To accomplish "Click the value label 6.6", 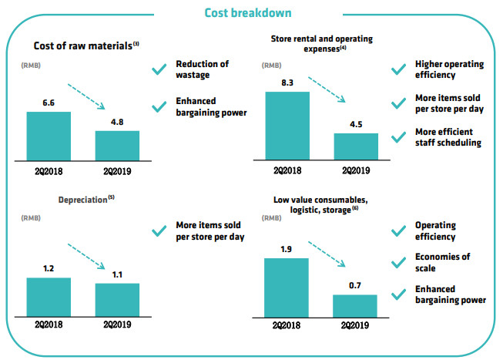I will pyautogui.click(x=49, y=102).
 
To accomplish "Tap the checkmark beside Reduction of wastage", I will pyautogui.click(x=159, y=69).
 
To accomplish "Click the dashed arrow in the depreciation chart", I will pyautogui.click(x=89, y=254).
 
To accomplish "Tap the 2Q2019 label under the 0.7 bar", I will pyautogui.click(x=355, y=324).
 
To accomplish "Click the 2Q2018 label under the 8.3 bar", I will pyautogui.click(x=287, y=170).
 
